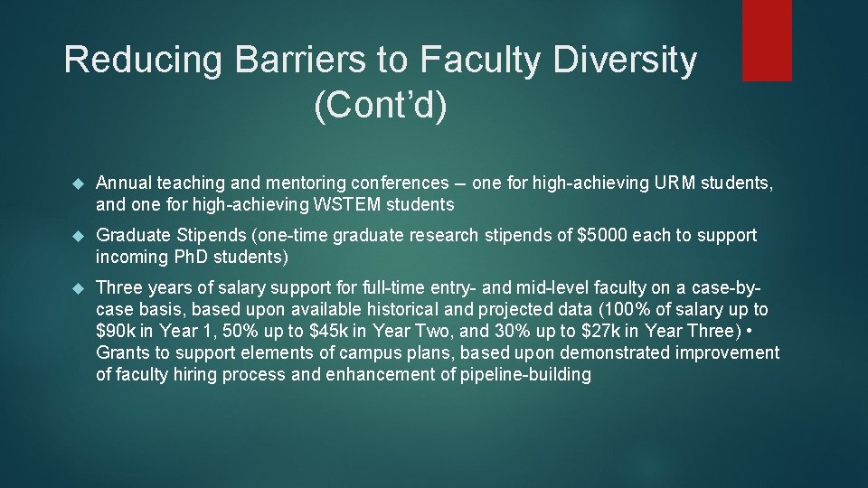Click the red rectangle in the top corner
(x=766, y=40)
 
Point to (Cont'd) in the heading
(x=380, y=106)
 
